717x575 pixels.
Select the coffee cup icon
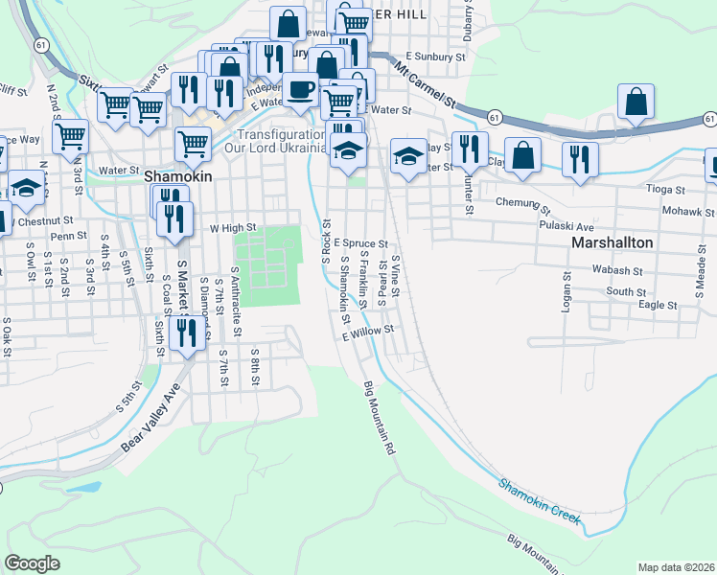tap(300, 90)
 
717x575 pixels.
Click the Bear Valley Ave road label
tap(150, 418)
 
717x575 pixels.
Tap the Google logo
tap(32, 563)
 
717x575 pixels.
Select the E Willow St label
tap(367, 329)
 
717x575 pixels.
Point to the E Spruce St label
tap(360, 244)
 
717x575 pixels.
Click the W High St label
tap(228, 229)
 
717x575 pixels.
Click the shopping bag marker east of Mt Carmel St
tap(636, 101)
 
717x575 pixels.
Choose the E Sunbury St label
tap(434, 57)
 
